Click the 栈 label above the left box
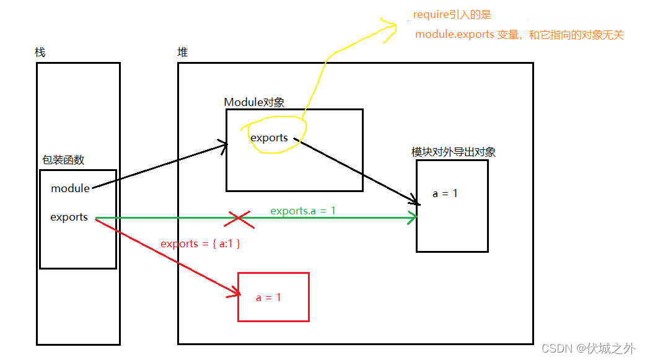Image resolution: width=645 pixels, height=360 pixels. pyautogui.click(x=40, y=52)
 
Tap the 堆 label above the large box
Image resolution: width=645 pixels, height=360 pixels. pyautogui.click(x=182, y=52)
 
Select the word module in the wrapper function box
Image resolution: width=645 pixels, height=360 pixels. pyautogui.click(x=70, y=188)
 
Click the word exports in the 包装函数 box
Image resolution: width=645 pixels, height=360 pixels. pyautogui.click(x=69, y=217)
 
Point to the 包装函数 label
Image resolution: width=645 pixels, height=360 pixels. pyautogui.click(x=63, y=160)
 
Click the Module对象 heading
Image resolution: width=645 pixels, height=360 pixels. pyautogui.click(x=254, y=102)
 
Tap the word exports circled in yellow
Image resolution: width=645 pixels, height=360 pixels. pyautogui.click(x=269, y=138)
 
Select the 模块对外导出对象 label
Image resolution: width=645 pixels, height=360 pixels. pyautogui.click(x=453, y=152)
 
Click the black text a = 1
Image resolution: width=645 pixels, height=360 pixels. pyautogui.click(x=445, y=193)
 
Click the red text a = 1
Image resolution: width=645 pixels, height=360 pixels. pyautogui.click(x=268, y=297)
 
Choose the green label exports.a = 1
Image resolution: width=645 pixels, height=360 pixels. pyautogui.click(x=303, y=211)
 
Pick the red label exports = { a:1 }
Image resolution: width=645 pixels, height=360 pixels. pyautogui.click(x=200, y=244)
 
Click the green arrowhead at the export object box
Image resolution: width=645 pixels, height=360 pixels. pyautogui.click(x=413, y=217)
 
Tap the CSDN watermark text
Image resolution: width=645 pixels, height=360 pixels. pyautogui.click(x=588, y=349)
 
